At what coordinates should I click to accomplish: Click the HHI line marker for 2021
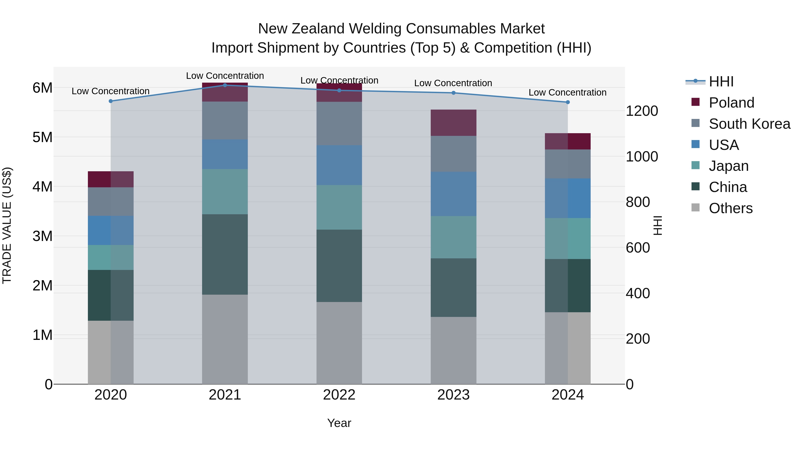coord(225,85)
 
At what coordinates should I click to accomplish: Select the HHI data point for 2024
coord(568,102)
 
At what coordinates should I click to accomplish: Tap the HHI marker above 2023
coord(453,93)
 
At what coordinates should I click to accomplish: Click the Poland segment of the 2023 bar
coord(453,123)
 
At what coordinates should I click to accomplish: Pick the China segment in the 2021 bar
coord(225,254)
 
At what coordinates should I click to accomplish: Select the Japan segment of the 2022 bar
coord(339,207)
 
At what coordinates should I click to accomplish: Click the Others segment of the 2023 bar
coord(453,351)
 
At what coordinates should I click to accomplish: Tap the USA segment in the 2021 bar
coord(225,154)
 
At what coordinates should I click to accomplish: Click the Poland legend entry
coord(731,103)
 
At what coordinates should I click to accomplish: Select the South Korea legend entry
coord(749,124)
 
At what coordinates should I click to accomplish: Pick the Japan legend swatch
coord(695,165)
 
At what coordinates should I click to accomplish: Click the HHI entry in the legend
coord(721,82)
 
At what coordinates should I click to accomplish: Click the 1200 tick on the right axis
coord(642,111)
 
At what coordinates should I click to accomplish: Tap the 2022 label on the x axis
coord(339,395)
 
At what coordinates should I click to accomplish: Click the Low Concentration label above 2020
coord(111,91)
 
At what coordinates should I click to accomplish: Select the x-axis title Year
coord(339,423)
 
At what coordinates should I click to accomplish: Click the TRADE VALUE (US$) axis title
coord(7,225)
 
